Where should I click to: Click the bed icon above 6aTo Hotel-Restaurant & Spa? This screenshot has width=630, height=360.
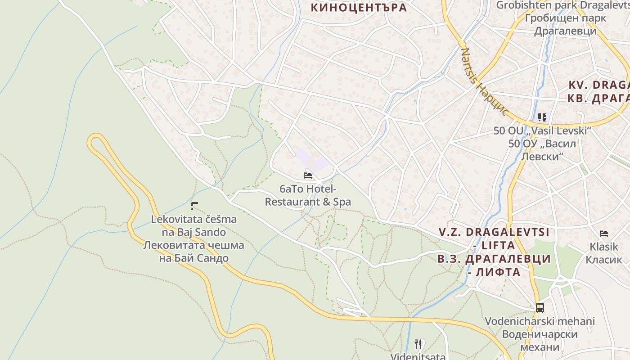308,175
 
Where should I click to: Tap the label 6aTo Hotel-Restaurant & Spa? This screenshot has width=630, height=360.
308,196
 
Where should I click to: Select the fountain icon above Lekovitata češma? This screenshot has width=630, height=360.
194,206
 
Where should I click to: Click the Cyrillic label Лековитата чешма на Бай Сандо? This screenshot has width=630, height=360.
193,252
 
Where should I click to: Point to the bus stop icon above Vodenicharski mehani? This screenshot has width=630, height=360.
540,308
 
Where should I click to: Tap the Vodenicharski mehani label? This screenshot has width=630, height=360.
540,321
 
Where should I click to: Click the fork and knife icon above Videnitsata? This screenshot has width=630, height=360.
418,344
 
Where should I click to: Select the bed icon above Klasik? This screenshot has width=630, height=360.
604,233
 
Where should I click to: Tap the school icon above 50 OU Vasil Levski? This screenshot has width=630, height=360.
542,117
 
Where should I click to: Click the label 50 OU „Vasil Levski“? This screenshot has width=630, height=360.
542,131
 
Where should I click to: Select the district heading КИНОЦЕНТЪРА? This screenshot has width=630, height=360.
359,8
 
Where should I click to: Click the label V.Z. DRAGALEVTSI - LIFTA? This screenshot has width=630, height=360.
494,238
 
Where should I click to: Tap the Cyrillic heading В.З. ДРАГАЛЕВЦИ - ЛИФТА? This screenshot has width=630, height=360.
494,265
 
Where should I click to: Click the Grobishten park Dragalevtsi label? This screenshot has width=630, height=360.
562,5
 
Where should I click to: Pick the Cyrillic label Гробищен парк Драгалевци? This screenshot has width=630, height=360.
566,24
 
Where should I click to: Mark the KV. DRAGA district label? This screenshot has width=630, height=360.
598,85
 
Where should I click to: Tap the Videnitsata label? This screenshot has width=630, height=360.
418,357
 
